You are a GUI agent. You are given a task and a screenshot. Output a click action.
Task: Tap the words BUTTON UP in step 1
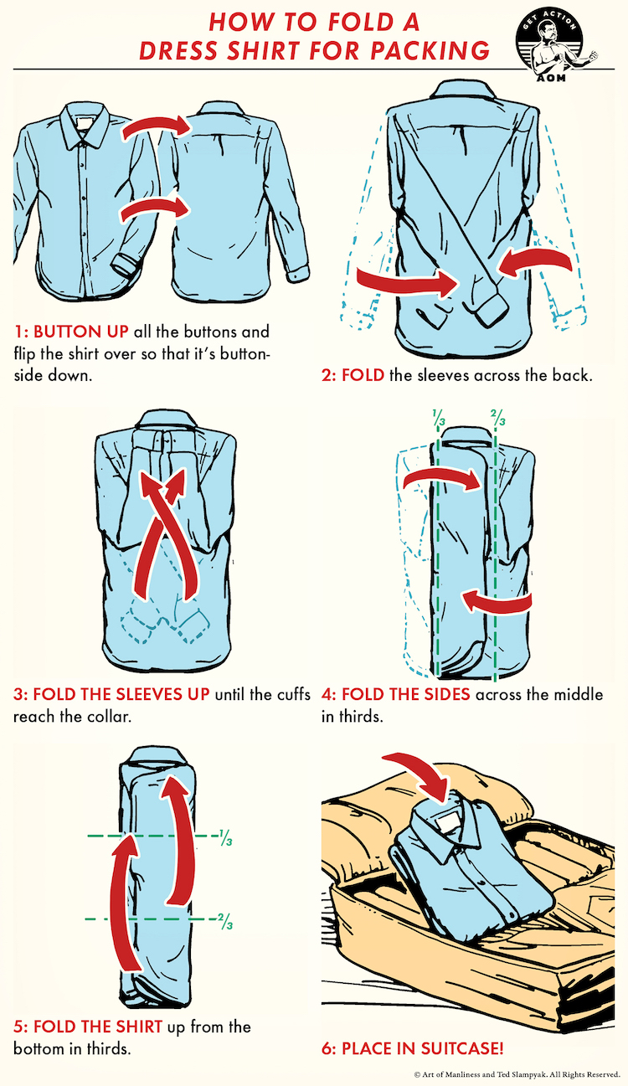pyautogui.click(x=80, y=332)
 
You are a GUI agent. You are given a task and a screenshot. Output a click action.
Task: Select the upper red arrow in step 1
pyautogui.click(x=155, y=126)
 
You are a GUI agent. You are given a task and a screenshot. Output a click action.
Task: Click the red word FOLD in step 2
pyautogui.click(x=363, y=375)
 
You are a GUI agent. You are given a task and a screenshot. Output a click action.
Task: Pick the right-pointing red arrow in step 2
pyautogui.click(x=407, y=281)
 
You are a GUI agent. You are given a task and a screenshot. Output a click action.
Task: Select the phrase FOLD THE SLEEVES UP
pyautogui.click(x=121, y=694)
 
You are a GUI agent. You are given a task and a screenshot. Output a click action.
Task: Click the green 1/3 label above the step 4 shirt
pyautogui.click(x=439, y=418)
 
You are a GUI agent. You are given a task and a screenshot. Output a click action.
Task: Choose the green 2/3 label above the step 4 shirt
pyautogui.click(x=497, y=418)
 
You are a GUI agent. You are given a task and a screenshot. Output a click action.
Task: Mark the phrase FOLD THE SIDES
pyautogui.click(x=405, y=694)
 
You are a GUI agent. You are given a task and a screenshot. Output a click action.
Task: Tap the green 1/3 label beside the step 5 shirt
pyautogui.click(x=225, y=838)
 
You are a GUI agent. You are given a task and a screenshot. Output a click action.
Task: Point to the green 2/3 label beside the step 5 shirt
pyautogui.click(x=225, y=921)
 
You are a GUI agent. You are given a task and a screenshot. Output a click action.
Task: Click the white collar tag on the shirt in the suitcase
pyautogui.click(x=446, y=823)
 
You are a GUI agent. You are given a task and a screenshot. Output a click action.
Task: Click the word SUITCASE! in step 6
pyautogui.click(x=461, y=1048)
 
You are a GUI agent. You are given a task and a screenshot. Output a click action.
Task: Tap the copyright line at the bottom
pyautogui.click(x=517, y=1074)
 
